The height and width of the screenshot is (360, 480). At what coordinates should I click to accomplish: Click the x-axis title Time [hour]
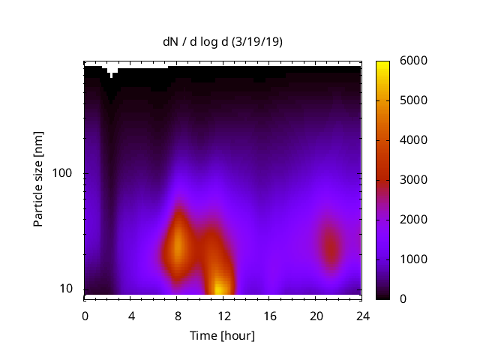[x=222, y=335]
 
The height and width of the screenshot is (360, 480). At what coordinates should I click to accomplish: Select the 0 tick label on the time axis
[x=85, y=315]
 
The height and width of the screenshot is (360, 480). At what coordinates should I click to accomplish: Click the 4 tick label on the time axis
[x=131, y=315]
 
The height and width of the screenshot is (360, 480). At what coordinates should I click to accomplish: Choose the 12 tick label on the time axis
[x=223, y=315]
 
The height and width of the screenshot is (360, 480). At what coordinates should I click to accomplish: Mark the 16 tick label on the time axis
[x=269, y=315]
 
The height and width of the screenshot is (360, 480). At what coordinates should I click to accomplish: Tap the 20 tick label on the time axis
[x=315, y=315]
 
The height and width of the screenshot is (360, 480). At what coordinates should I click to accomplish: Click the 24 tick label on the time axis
[x=361, y=315]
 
